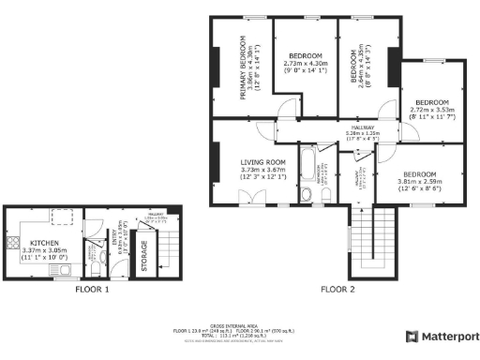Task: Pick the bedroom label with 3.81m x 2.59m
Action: (x=419, y=174)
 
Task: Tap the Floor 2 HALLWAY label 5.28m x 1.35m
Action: (x=360, y=128)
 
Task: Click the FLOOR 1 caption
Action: (x=93, y=290)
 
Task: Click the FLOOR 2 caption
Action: (x=337, y=290)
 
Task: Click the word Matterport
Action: (x=448, y=336)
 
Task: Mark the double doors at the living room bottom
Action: (x=248, y=197)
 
